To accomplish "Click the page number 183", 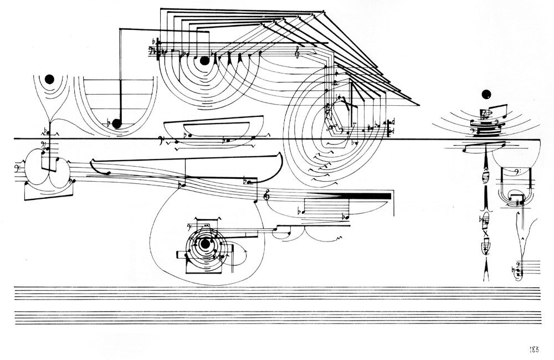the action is tap(534, 349).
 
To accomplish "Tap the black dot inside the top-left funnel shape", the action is tap(49, 80).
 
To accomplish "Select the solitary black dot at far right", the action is tap(486, 94).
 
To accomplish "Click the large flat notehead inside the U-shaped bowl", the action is tap(116, 124).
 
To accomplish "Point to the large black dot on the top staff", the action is tap(204, 61).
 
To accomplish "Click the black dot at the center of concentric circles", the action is tap(204, 244).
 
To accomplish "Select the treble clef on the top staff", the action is tap(298, 52).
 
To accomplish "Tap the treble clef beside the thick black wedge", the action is tap(267, 195).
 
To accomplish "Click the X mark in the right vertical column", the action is tap(486, 233).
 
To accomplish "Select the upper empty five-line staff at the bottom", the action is tap(278, 293).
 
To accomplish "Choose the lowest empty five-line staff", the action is tap(278, 317).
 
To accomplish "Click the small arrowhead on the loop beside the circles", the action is tap(245, 250).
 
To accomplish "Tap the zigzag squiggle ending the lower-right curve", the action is tap(341, 238).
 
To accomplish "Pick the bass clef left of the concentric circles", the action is tap(189, 227).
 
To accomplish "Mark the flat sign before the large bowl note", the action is tap(109, 124).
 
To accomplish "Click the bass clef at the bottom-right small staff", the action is tap(518, 264).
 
